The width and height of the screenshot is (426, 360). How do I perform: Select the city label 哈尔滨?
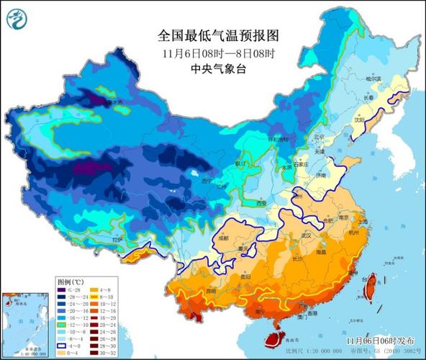click(372, 78)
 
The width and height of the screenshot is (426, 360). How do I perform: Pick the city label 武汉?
click(309, 235)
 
